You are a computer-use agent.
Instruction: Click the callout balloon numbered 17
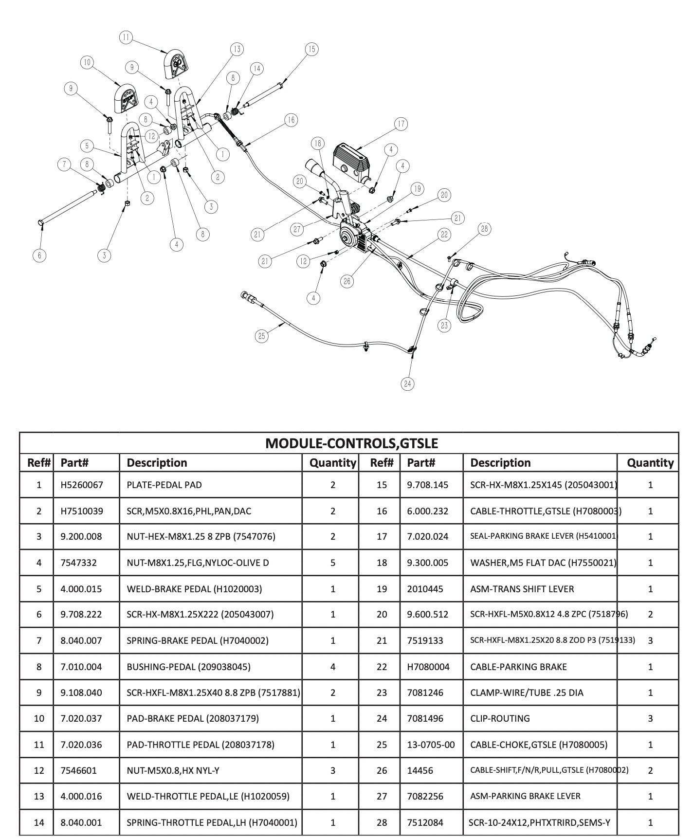tap(401, 124)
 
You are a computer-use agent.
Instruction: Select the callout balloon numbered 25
tap(262, 336)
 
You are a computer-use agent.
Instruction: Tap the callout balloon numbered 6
tap(40, 255)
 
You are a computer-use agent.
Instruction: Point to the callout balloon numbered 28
tap(484, 229)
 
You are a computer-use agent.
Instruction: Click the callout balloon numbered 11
tap(126, 37)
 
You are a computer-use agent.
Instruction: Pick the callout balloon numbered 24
tap(407, 384)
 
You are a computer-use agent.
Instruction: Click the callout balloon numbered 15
tap(311, 49)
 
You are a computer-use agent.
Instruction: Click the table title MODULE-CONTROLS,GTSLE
tap(351, 443)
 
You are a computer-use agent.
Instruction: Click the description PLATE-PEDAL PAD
tap(164, 485)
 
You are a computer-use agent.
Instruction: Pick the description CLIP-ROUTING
tap(500, 718)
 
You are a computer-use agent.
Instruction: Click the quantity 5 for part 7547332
tap(333, 563)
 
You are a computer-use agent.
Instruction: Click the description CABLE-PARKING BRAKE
tap(518, 667)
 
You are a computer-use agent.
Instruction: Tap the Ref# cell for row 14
tap(39, 822)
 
